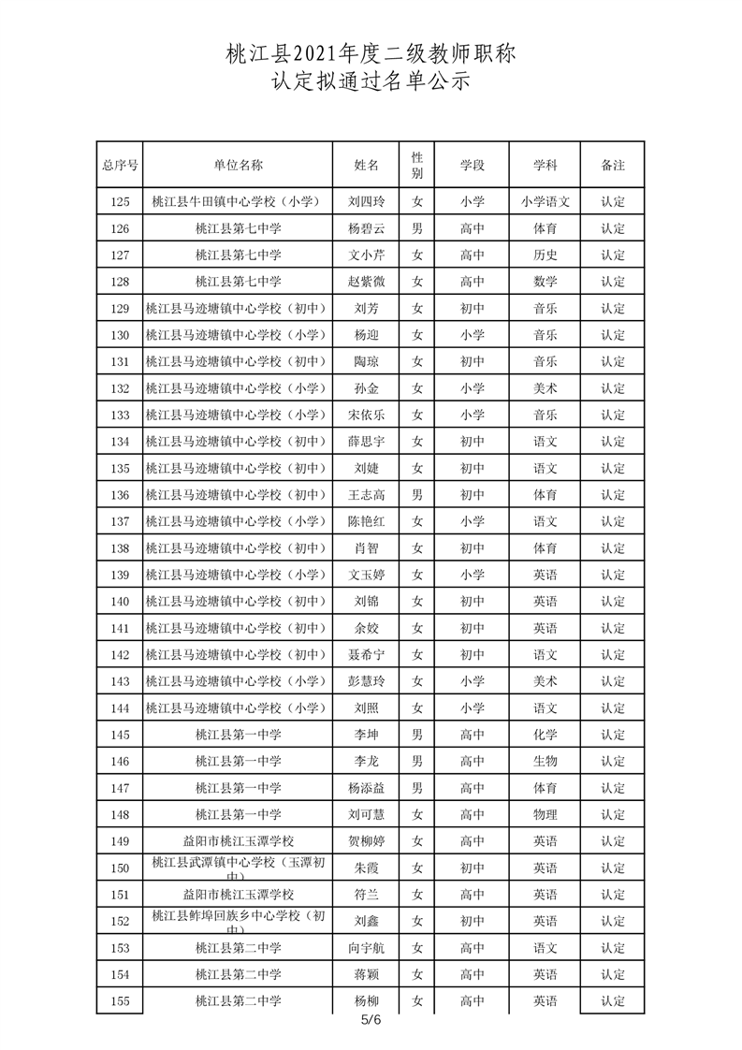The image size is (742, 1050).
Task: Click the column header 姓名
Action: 366,165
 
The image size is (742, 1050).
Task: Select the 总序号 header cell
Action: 120,165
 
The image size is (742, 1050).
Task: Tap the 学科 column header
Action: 546,165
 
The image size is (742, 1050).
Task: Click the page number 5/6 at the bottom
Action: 371,1020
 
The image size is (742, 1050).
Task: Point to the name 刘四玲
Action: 366,201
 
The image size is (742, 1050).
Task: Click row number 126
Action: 120,228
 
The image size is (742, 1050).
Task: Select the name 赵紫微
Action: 366,282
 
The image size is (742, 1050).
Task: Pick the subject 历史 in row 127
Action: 546,255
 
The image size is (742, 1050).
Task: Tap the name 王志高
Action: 366,494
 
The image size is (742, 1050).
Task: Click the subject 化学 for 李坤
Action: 546,735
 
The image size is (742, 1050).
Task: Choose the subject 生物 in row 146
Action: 546,761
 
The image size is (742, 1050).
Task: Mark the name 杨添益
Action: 366,788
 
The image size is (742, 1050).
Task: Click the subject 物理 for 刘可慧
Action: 546,814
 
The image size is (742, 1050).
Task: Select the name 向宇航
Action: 366,948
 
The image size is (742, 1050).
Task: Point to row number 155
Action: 120,1001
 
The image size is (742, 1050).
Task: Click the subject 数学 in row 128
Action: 546,282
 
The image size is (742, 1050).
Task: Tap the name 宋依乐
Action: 366,415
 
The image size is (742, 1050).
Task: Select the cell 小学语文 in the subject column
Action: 546,201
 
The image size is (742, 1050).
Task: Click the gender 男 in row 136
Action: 418,494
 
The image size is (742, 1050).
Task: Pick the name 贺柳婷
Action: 366,841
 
